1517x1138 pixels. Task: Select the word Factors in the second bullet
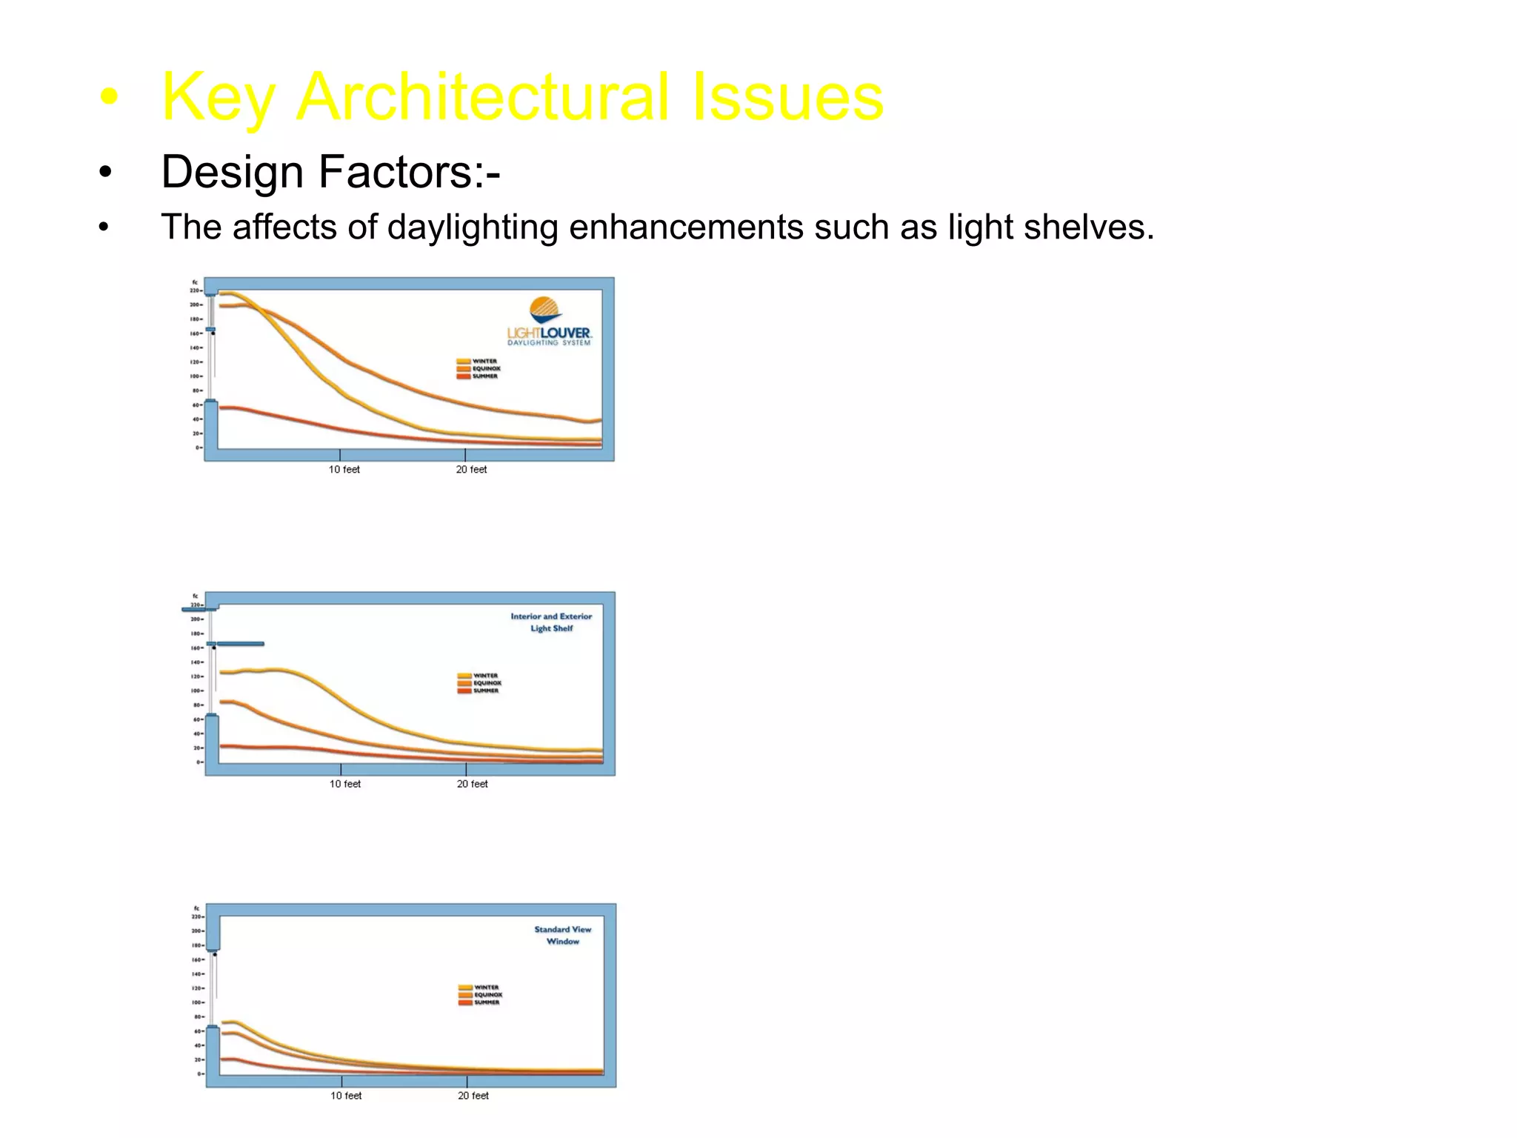[x=401, y=172]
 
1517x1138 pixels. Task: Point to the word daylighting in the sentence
[x=472, y=227]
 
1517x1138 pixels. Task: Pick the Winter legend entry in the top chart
[x=478, y=362]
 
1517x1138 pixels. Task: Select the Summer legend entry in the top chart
[x=478, y=376]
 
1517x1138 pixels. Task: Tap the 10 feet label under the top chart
[x=344, y=470]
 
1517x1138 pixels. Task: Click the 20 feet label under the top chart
[x=471, y=470]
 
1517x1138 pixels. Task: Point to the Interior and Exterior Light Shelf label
[x=551, y=622]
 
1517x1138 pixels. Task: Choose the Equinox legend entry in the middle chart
[x=479, y=683]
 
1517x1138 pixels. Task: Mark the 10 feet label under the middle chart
[x=345, y=784]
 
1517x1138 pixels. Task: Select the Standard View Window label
[x=563, y=935]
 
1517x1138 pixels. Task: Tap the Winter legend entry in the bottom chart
[x=479, y=988]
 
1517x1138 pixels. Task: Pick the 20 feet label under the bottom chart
[x=473, y=1096]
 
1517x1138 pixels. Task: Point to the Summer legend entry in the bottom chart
[x=479, y=1002]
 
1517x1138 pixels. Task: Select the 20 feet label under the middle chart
[x=472, y=784]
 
